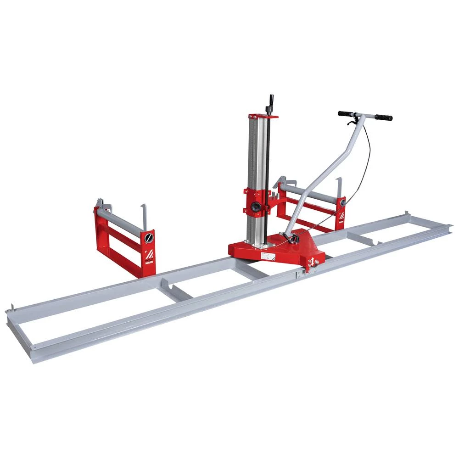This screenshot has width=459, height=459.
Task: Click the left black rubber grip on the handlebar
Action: tap(345, 113)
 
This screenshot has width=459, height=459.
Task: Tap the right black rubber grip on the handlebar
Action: tap(383, 118)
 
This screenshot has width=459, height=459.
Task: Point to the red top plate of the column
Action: tap(263, 117)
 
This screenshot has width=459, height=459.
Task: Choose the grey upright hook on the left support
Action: tap(144, 216)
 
